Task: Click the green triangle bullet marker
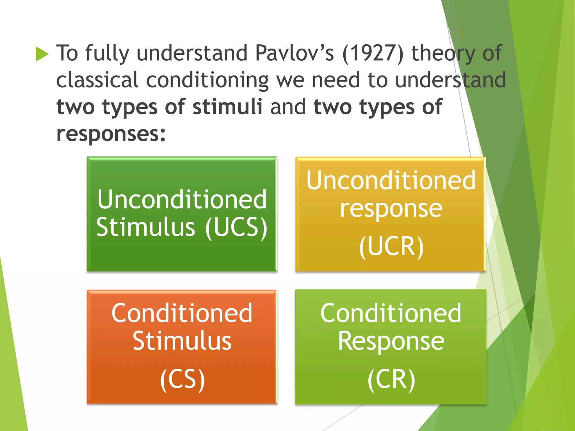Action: tap(42, 54)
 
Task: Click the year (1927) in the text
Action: tap(373, 53)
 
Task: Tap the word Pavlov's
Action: tap(295, 53)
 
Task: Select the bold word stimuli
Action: tap(227, 107)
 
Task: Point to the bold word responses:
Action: tap(111, 134)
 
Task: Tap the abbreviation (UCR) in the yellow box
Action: tap(391, 246)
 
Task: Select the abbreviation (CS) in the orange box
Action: tap(182, 379)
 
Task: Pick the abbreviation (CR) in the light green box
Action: tap(391, 379)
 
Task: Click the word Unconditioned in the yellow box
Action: tap(391, 180)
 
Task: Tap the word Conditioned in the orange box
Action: tap(182, 313)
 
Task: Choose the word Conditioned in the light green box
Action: tap(391, 313)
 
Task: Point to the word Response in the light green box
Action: tap(391, 341)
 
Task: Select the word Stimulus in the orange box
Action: tap(182, 341)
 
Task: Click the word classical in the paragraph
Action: tap(97, 80)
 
